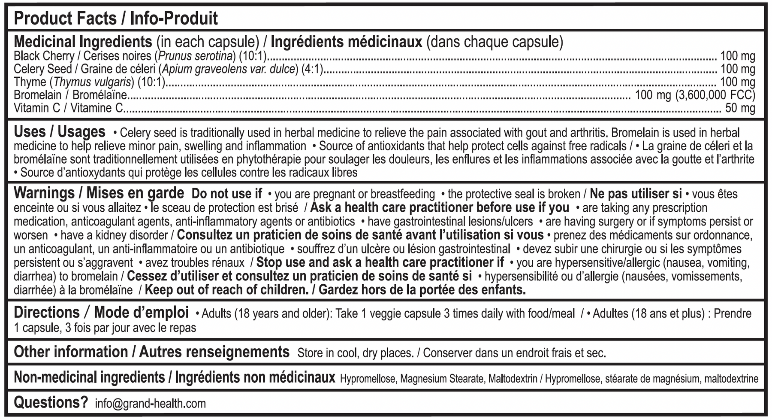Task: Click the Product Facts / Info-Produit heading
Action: pos(116,18)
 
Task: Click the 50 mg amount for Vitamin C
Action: pos(740,108)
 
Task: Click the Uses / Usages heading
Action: pos(60,132)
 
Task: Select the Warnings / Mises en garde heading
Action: pos(99,193)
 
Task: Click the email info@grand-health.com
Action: pos(150,404)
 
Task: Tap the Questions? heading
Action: pos(51,403)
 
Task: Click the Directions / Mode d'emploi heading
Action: pos(101,313)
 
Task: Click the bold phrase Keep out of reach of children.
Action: pos(226,290)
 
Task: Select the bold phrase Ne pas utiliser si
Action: pos(636,194)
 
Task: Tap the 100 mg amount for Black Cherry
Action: pos(737,56)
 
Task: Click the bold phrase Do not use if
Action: pos(226,194)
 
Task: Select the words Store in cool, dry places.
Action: pos(356,353)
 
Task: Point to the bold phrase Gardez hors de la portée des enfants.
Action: pos(422,290)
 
